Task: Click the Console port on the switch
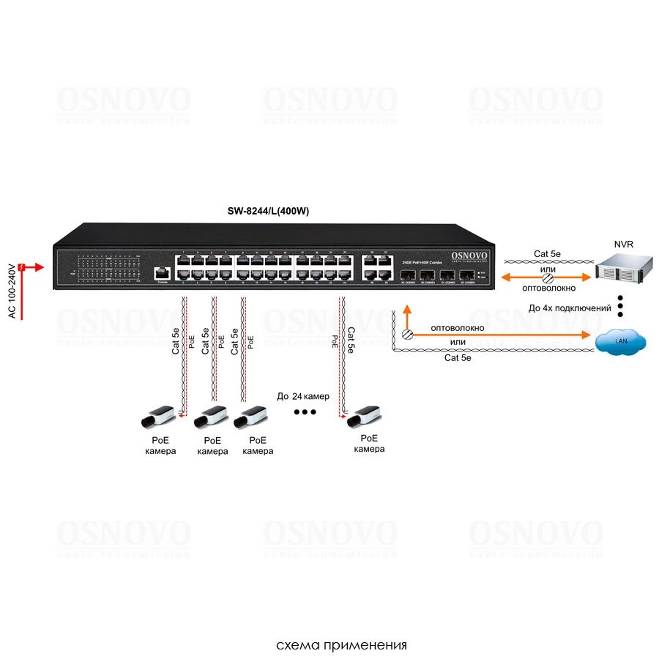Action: coord(161,273)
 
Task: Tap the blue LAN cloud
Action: coord(620,340)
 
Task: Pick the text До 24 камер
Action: coord(303,396)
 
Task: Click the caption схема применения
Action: coord(341,645)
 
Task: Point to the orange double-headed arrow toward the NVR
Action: coord(546,278)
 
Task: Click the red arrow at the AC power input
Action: coord(29,267)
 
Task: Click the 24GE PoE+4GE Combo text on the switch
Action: coord(422,261)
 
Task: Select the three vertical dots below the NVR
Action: coord(620,306)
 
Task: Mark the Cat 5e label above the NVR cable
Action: coord(547,254)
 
